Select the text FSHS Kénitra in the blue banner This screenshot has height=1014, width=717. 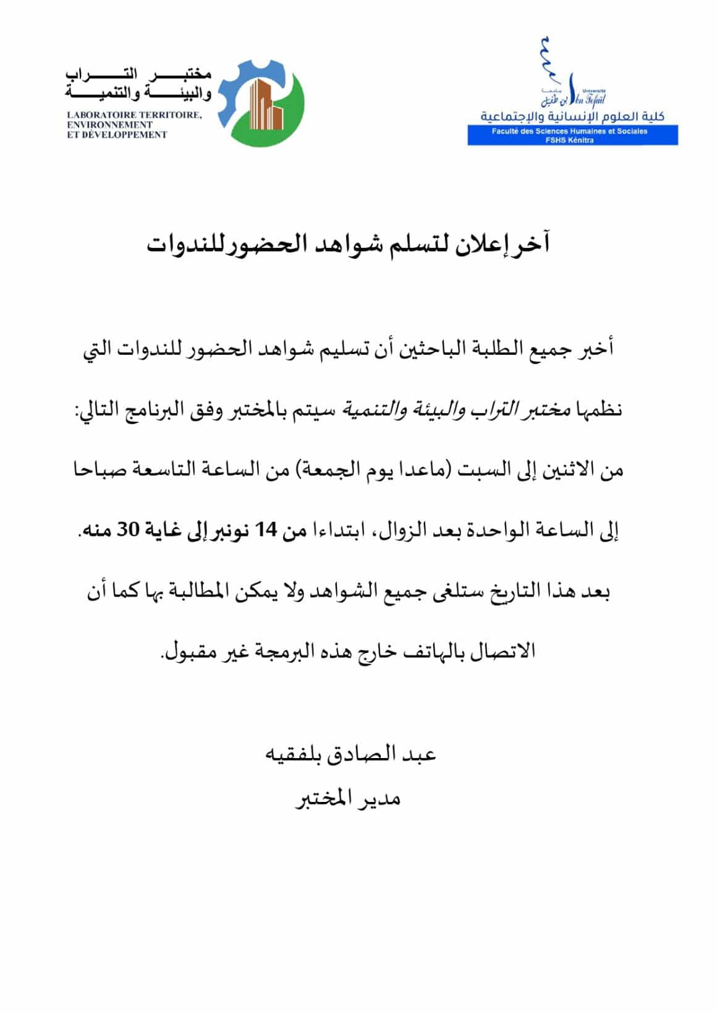[572, 140]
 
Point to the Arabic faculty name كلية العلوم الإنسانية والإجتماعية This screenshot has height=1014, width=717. [572, 117]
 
